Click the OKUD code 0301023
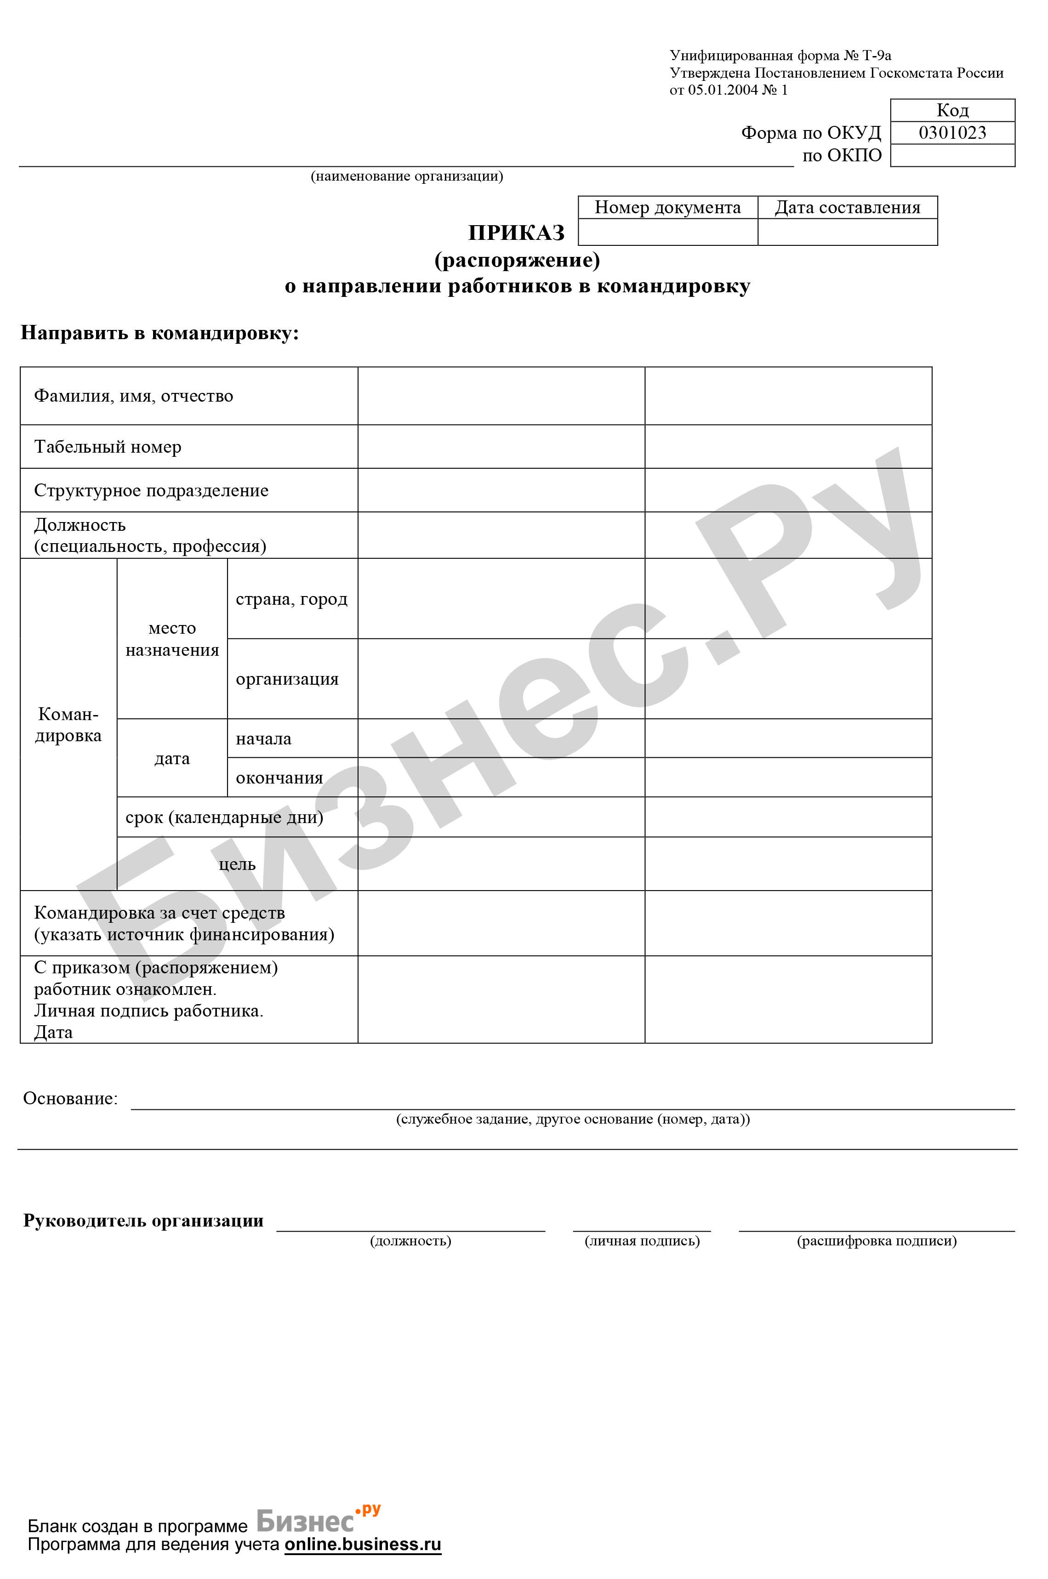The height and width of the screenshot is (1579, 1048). pyautogui.click(x=952, y=132)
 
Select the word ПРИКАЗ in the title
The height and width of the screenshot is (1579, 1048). pyautogui.click(x=516, y=233)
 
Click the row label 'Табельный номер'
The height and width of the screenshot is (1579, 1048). pyautogui.click(x=108, y=447)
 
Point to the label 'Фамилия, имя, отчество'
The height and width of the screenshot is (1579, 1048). pyautogui.click(x=134, y=396)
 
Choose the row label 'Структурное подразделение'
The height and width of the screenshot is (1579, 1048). pyautogui.click(x=151, y=490)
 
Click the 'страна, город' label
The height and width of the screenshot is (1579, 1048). pyautogui.click(x=291, y=599)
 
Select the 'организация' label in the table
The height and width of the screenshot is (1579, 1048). pyautogui.click(x=287, y=679)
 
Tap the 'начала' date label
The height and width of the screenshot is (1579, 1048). pyautogui.click(x=263, y=739)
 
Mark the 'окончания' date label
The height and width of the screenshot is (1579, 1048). pyautogui.click(x=279, y=778)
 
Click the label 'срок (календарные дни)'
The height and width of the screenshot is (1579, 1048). pyautogui.click(x=224, y=817)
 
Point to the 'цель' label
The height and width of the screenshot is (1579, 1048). pyautogui.click(x=237, y=864)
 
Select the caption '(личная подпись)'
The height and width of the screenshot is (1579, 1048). pyautogui.click(x=642, y=1241)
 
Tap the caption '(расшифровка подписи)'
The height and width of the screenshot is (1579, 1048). pyautogui.click(x=876, y=1241)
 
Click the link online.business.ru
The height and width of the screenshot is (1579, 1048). pyautogui.click(x=363, y=1544)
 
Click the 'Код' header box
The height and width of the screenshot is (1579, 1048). pyautogui.click(x=952, y=110)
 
